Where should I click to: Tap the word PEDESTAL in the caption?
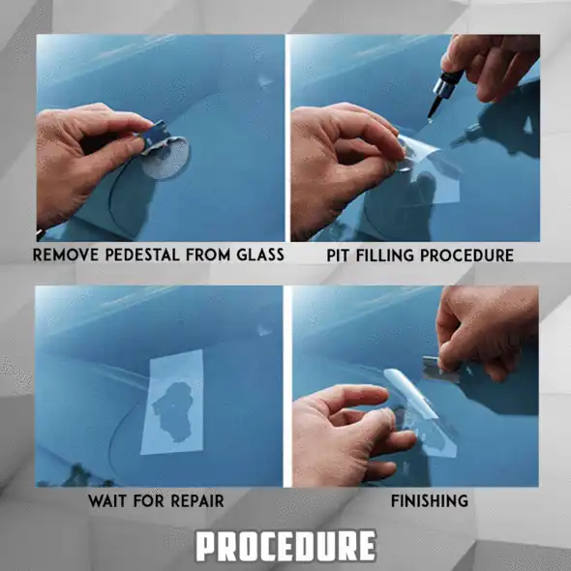[x=146, y=255]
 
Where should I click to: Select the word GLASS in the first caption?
[x=257, y=255]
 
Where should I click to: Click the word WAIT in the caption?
[x=107, y=501]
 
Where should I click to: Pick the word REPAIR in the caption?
[x=196, y=501]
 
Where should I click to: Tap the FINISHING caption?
[x=429, y=501]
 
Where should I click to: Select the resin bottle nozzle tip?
[x=432, y=114]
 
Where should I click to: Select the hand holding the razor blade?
[x=489, y=329]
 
